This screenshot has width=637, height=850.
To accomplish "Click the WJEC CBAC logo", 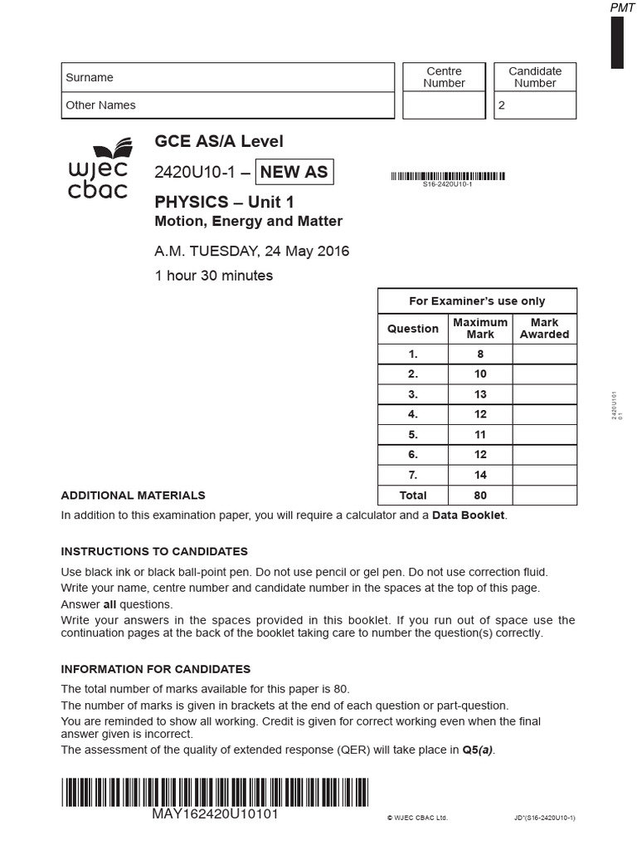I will (x=98, y=171).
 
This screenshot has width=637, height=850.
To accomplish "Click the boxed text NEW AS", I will (x=294, y=173).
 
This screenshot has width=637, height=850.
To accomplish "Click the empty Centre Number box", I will (x=444, y=105).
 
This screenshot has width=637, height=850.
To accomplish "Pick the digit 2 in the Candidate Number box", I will (x=501, y=106).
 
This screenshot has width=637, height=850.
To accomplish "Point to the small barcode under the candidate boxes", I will (x=447, y=176).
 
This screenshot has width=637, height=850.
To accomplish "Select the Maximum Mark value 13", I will (x=480, y=394).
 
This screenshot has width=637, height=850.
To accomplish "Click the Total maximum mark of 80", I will (x=480, y=496).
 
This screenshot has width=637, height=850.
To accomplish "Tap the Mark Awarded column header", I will (x=544, y=329).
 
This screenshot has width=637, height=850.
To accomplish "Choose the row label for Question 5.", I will (x=413, y=434).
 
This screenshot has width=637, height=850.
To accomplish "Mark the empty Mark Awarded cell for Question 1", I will (x=544, y=354).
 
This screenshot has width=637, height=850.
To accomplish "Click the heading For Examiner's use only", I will (x=477, y=301).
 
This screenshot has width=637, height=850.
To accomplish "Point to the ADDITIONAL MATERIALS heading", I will (x=133, y=496).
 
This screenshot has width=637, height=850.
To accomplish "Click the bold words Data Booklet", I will (x=468, y=515).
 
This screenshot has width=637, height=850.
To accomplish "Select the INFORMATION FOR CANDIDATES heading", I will (x=155, y=669).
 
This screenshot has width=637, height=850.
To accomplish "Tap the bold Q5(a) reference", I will (x=477, y=750).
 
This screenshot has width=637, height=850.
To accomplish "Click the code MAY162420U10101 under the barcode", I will (x=215, y=814).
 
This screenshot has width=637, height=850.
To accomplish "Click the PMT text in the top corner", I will (x=622, y=7).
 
